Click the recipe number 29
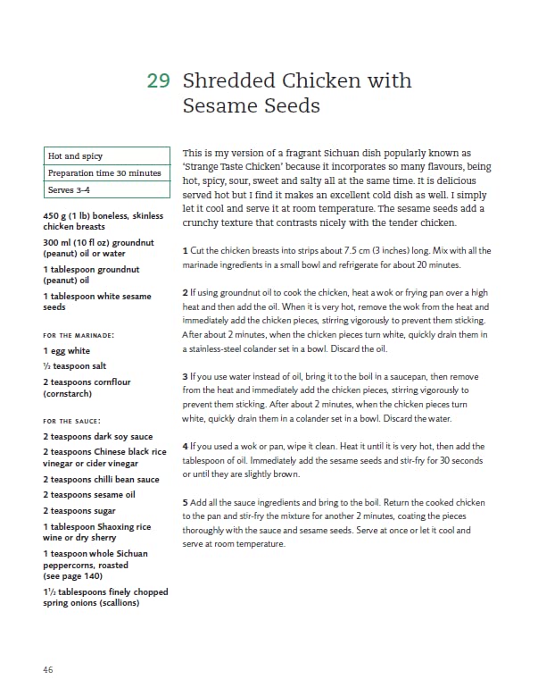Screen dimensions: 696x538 [158, 81]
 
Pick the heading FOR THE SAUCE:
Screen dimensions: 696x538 [72, 421]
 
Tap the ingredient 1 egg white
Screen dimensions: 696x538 [67, 351]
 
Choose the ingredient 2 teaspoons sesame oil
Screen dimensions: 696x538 [89, 495]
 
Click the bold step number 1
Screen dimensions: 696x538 [184, 250]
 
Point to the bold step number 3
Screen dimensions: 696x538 [184, 377]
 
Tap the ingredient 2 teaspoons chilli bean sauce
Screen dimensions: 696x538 [95, 480]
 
